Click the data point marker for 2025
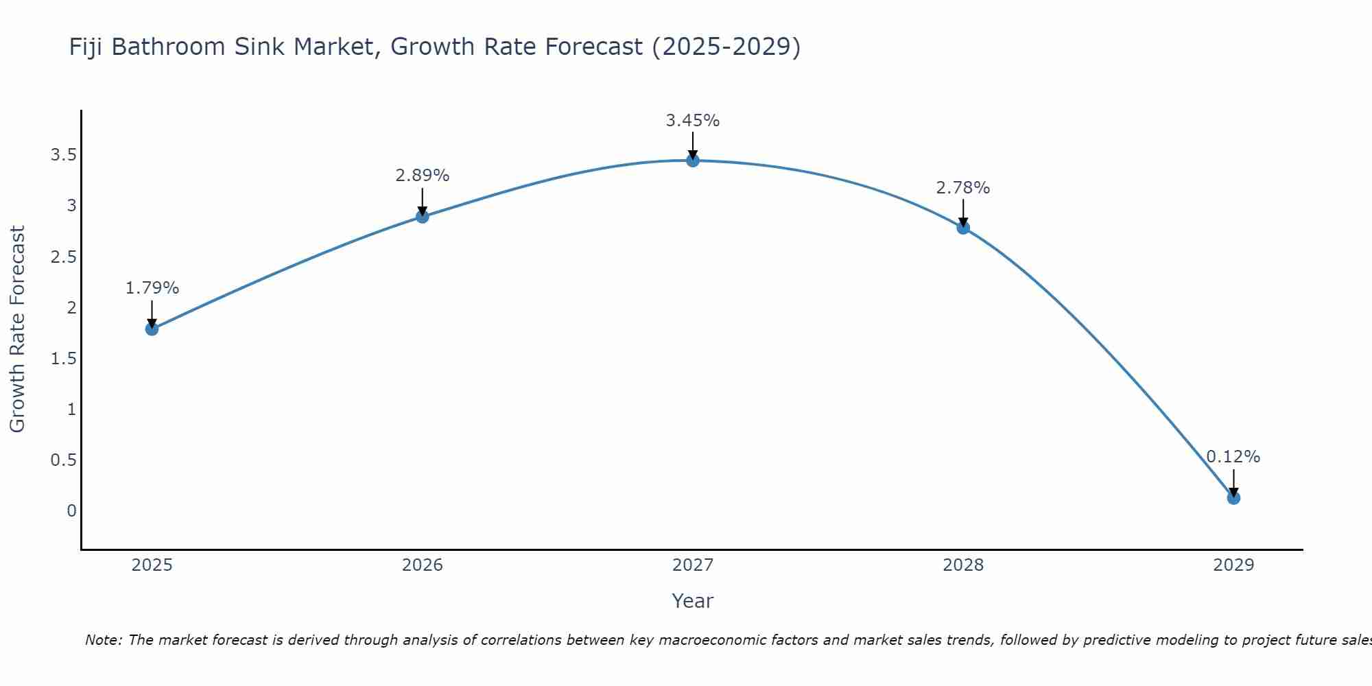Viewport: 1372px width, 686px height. [152, 329]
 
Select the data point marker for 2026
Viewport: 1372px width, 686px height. [422, 217]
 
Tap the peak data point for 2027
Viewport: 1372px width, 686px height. [692, 161]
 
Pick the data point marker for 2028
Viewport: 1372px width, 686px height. [962, 228]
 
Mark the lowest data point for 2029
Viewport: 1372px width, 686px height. [1233, 498]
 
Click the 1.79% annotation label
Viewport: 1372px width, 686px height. [152, 288]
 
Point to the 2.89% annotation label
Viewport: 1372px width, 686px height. [422, 176]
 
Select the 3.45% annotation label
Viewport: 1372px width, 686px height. [692, 121]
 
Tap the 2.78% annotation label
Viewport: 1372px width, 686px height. [962, 188]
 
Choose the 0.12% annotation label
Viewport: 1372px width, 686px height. [1233, 457]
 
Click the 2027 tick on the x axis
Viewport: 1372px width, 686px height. [692, 565]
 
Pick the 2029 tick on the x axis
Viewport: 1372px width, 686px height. [1233, 565]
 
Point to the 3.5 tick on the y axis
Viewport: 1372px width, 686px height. [63, 155]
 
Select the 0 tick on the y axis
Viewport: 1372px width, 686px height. [71, 511]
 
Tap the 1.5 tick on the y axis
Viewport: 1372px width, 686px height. [63, 359]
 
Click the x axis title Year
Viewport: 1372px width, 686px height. [692, 601]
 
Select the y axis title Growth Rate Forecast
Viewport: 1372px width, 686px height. [17, 329]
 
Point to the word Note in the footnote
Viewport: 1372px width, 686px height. [103, 640]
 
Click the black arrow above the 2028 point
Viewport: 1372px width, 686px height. [962, 213]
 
